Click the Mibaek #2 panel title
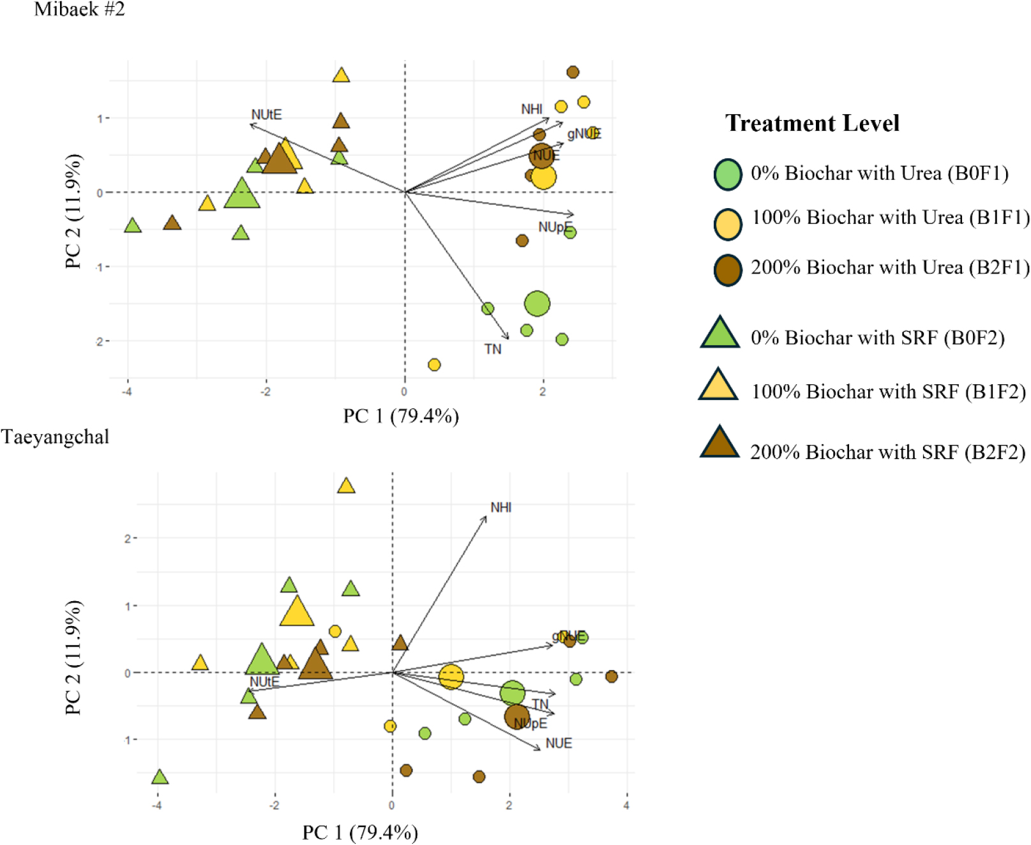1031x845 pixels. click(x=79, y=10)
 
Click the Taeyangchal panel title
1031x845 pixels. click(x=55, y=437)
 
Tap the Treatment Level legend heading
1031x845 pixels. click(x=812, y=123)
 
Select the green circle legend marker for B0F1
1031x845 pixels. click(x=728, y=174)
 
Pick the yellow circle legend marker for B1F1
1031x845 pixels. click(x=728, y=224)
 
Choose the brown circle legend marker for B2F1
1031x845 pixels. click(x=728, y=270)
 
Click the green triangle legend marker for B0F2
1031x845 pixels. click(x=720, y=334)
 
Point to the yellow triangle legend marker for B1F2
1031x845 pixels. click(x=719, y=386)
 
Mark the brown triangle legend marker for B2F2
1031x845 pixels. click(x=719, y=444)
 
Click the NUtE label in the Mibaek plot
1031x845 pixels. click(x=266, y=115)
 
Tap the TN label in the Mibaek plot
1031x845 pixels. click(x=493, y=349)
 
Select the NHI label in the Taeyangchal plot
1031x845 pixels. click(x=501, y=507)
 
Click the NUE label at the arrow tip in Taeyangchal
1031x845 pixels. click(x=559, y=744)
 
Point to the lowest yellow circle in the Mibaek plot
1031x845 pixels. click(x=434, y=365)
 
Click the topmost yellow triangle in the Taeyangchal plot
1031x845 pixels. click(x=346, y=486)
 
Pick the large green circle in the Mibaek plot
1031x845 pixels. click(x=537, y=304)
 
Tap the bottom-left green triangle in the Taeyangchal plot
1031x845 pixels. click(x=160, y=777)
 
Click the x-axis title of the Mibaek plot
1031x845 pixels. click(x=401, y=417)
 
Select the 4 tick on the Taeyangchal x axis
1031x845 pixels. click(x=626, y=805)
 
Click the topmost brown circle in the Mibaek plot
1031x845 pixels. click(x=573, y=72)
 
